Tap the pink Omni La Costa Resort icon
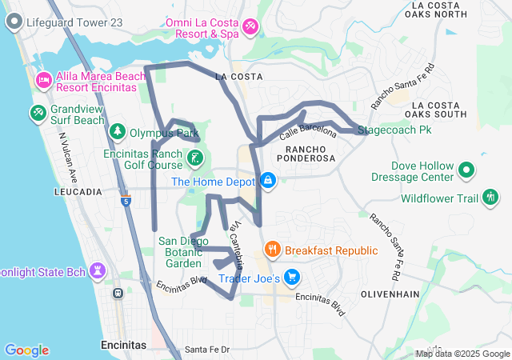tap(250, 29)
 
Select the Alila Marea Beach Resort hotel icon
tap(43, 80)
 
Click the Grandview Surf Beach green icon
tap(38, 114)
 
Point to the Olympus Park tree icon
tap(118, 131)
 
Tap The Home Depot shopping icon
tap(268, 181)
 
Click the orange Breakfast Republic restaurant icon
tap(273, 249)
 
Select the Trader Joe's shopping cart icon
tap(292, 278)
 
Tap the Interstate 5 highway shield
tap(126, 202)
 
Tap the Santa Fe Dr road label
tap(207, 350)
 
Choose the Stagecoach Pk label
tap(394, 129)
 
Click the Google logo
tap(26, 350)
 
